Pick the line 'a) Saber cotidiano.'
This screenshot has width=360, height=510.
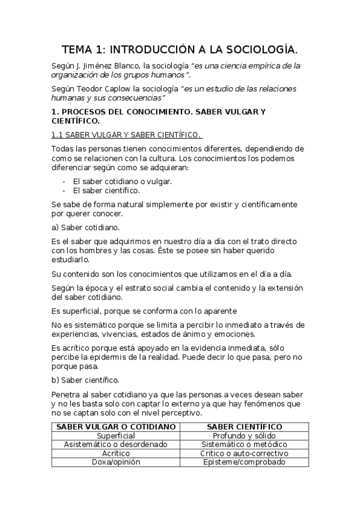(x=85, y=227)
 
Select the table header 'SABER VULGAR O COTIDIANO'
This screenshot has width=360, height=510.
(x=116, y=426)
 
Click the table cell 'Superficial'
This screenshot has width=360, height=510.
(x=116, y=435)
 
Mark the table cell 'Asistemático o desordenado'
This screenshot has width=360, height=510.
(x=116, y=444)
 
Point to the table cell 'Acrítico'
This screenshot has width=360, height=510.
(x=116, y=453)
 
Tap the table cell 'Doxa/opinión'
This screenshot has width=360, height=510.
(x=116, y=462)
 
